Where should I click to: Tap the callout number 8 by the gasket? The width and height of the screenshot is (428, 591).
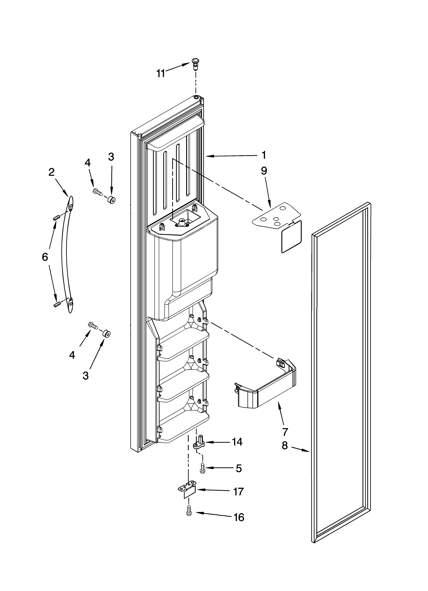coord(285,446)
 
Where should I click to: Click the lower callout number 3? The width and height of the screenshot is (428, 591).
coord(86,375)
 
